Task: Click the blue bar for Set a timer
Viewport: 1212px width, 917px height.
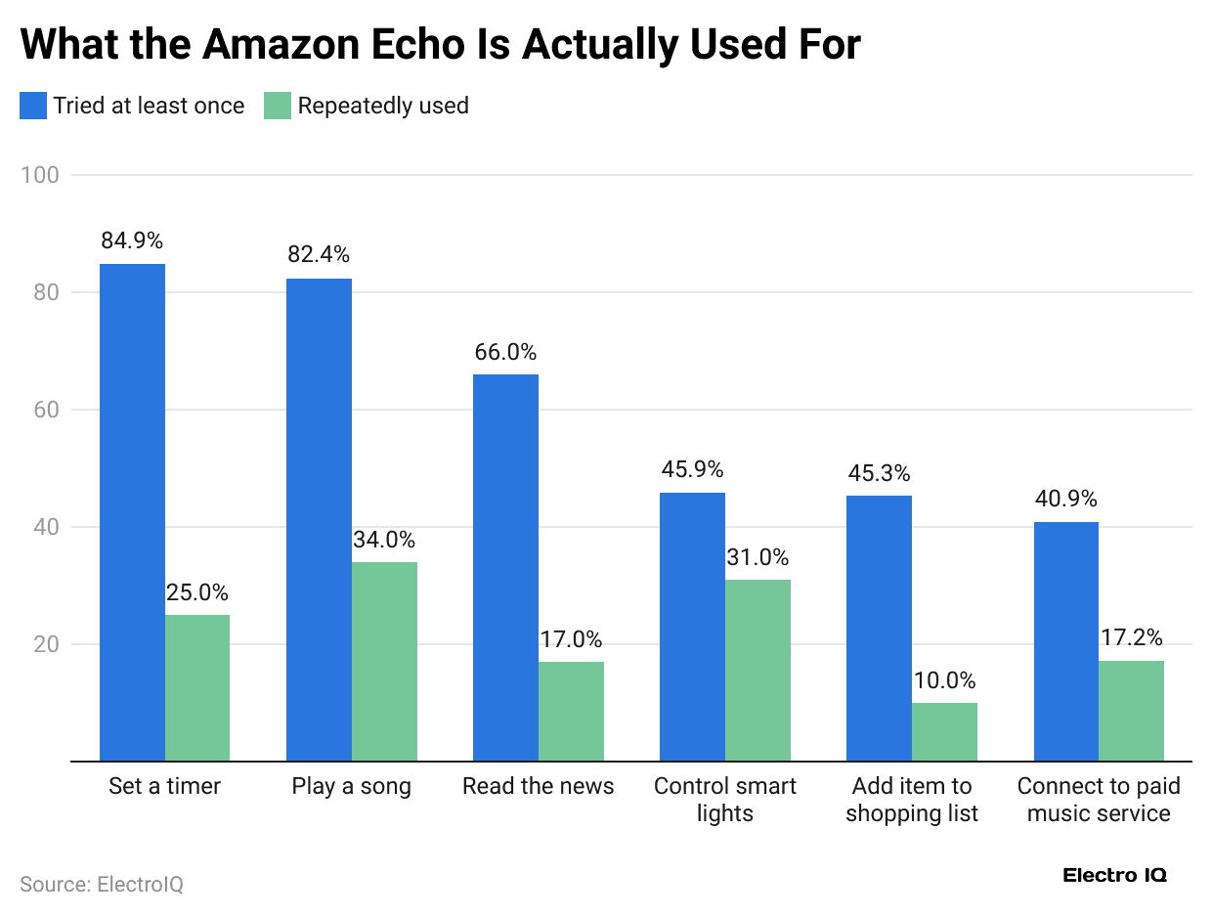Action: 132,512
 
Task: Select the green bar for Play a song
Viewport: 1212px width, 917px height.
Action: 384,661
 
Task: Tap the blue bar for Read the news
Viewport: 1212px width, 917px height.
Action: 505,567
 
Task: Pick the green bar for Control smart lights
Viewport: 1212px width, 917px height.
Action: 757,670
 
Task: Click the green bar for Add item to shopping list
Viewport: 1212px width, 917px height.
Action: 944,731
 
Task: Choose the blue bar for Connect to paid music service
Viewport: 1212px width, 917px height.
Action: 1065,641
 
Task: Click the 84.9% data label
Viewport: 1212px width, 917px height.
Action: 132,240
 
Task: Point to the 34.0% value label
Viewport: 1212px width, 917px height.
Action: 384,540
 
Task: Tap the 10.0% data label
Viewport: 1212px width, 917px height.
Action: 944,681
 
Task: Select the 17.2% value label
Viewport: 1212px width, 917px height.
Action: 1131,638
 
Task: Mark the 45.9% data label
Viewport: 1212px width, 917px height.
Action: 692,469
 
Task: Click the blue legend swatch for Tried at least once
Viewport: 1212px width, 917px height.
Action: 32,106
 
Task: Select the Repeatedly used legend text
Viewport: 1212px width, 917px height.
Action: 383,106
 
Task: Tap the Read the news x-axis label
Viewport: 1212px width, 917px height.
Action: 538,786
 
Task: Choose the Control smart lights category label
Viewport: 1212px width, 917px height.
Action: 724,799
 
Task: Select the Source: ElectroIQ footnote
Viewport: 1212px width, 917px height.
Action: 102,884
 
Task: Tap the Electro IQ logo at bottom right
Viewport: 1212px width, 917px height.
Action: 1114,875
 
